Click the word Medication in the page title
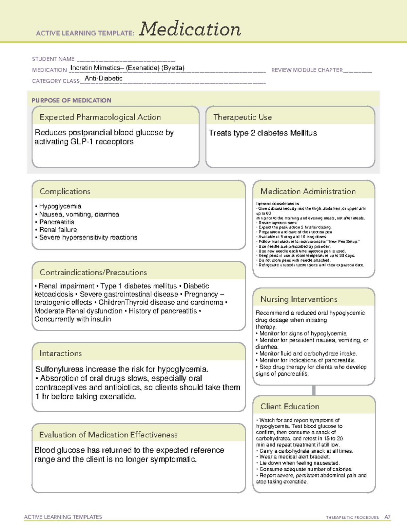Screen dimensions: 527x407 [x=190, y=29]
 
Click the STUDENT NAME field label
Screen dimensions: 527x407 [x=53, y=59]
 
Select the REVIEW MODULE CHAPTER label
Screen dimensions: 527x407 [x=307, y=70]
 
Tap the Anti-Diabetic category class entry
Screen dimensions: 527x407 [x=103, y=78]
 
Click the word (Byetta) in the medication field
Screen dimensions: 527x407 [x=173, y=68]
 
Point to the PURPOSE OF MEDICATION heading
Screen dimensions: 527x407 [x=72, y=100]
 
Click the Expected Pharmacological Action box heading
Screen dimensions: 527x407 [x=100, y=117]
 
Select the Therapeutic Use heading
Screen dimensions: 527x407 [x=243, y=117]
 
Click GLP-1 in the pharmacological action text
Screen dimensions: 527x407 [x=82, y=142]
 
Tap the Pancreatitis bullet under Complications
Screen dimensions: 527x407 [x=57, y=222]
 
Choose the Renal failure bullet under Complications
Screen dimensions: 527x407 [x=58, y=230]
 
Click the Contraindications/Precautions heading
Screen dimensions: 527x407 [x=93, y=272]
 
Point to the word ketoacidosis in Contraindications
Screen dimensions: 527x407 [x=54, y=294]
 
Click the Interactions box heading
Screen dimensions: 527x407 [x=61, y=353]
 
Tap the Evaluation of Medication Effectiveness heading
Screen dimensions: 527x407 [x=108, y=435]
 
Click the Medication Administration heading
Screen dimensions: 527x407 [x=308, y=191]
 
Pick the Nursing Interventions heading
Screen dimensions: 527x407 [x=299, y=299]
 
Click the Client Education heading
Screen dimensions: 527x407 [x=290, y=407]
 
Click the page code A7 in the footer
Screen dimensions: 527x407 [x=387, y=517]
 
